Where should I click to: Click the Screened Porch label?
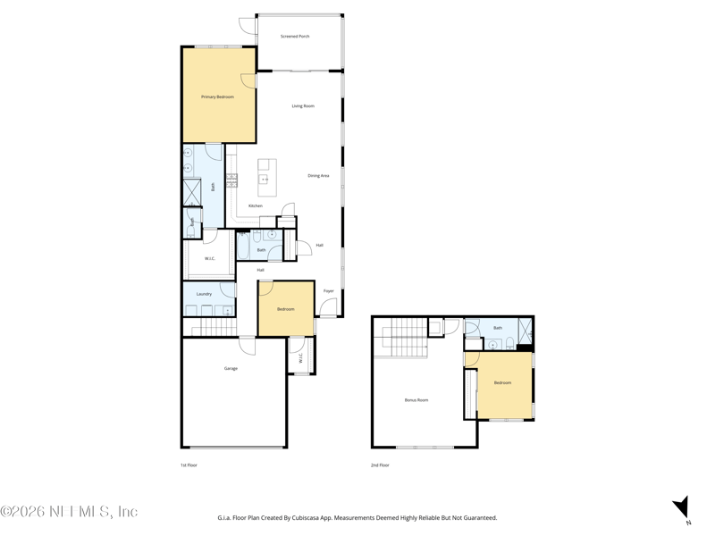295,37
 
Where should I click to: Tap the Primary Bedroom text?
217,96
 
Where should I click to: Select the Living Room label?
303,106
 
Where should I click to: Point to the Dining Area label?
318,176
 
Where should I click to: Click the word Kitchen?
256,205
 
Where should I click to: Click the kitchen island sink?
265,179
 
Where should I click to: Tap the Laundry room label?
204,294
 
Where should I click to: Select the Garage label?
231,368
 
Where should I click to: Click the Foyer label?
329,291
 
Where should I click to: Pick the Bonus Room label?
416,400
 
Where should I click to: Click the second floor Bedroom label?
503,382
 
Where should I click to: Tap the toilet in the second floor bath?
509,343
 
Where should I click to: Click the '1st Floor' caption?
189,465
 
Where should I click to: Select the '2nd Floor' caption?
380,465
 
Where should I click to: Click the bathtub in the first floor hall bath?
243,246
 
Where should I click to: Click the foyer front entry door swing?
328,308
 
